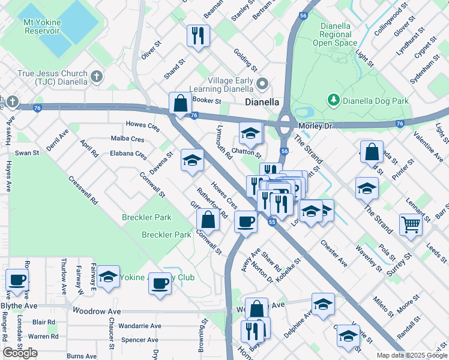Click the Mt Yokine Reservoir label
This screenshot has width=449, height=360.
pyautogui.click(x=43, y=26)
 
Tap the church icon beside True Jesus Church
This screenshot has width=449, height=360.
pyautogui.click(x=95, y=77)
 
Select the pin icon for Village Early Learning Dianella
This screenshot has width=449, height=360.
pyautogui.click(x=262, y=83)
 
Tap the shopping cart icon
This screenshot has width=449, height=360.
pyautogui.click(x=411, y=225)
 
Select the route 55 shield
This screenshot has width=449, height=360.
pyautogui.click(x=272, y=221)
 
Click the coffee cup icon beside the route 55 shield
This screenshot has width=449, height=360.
pyautogui.click(x=246, y=221)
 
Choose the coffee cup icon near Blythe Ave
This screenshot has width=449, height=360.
pyautogui.click(x=17, y=279)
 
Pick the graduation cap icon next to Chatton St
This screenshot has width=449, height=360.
pyautogui.click(x=251, y=133)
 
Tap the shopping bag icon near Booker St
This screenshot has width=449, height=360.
pyautogui.click(x=180, y=103)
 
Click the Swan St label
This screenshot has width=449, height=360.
pyautogui.click(x=27, y=153)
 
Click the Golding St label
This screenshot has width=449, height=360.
pyautogui.click(x=246, y=60)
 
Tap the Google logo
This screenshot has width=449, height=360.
pyautogui.click(x=20, y=353)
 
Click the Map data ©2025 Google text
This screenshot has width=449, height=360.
pyautogui.click(x=411, y=355)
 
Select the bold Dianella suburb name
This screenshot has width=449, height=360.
pyautogui.click(x=262, y=102)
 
